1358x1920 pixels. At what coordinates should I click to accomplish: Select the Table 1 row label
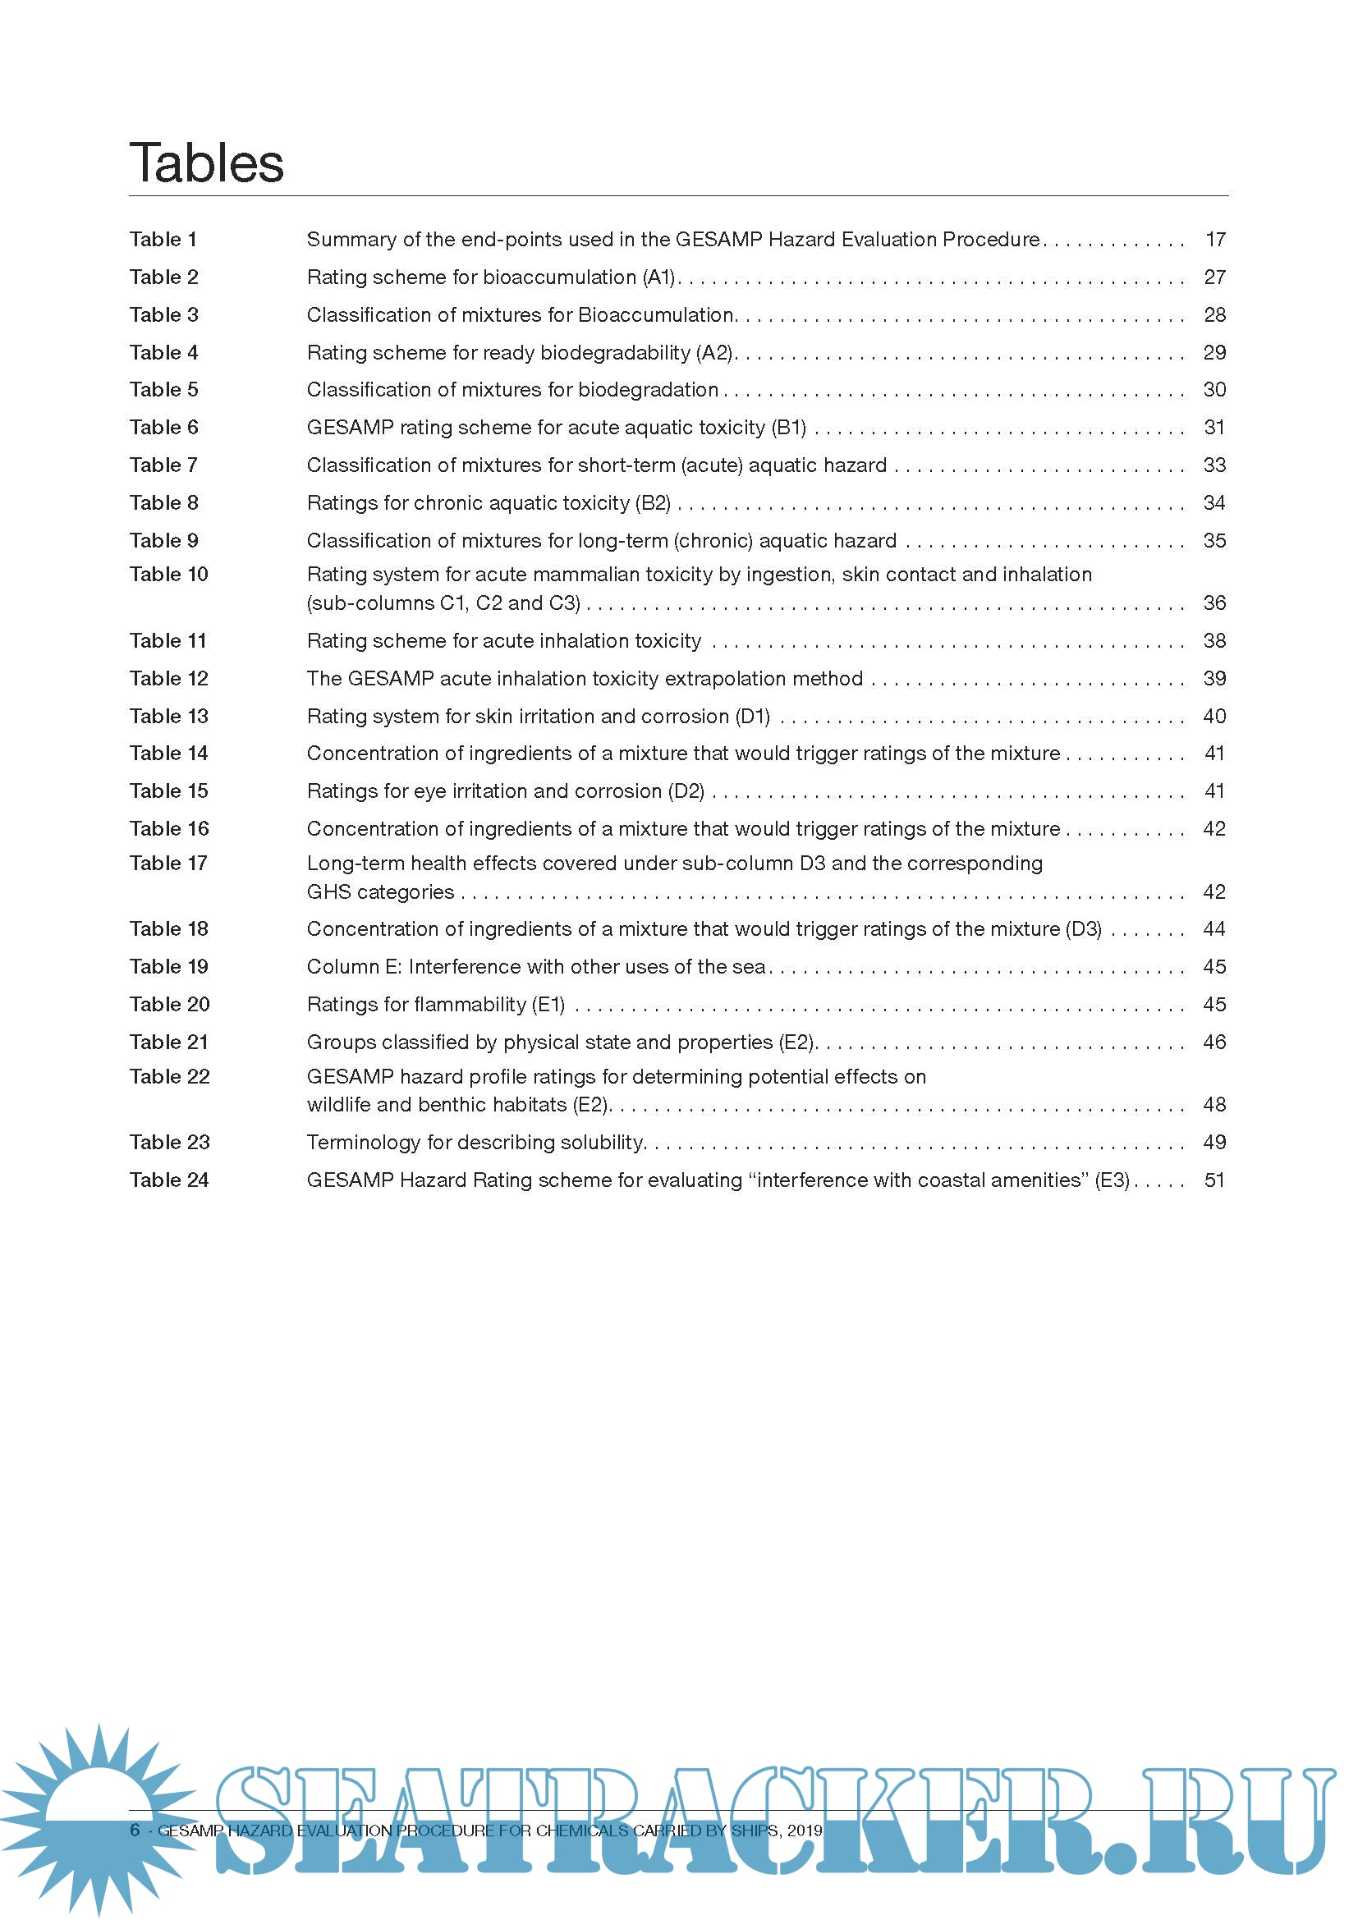pyautogui.click(x=163, y=240)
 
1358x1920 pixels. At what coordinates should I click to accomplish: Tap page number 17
pyautogui.click(x=1215, y=240)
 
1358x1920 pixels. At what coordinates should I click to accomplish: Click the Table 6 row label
pyautogui.click(x=164, y=428)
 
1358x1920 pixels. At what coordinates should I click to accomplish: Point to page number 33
pyautogui.click(x=1214, y=465)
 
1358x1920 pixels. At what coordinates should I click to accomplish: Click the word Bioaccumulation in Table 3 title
pyautogui.click(x=655, y=315)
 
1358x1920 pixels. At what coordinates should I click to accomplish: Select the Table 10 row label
pyautogui.click(x=168, y=575)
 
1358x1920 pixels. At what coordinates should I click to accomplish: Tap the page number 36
pyautogui.click(x=1214, y=603)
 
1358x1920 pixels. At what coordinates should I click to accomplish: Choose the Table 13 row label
pyautogui.click(x=168, y=717)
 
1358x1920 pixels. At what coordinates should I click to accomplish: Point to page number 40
pyautogui.click(x=1214, y=717)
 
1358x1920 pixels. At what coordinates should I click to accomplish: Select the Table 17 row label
pyautogui.click(x=168, y=863)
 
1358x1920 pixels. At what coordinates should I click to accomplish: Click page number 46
pyautogui.click(x=1214, y=1042)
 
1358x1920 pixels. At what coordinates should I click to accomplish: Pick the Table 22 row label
pyautogui.click(x=169, y=1077)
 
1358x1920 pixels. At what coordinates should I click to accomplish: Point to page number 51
pyautogui.click(x=1214, y=1180)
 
